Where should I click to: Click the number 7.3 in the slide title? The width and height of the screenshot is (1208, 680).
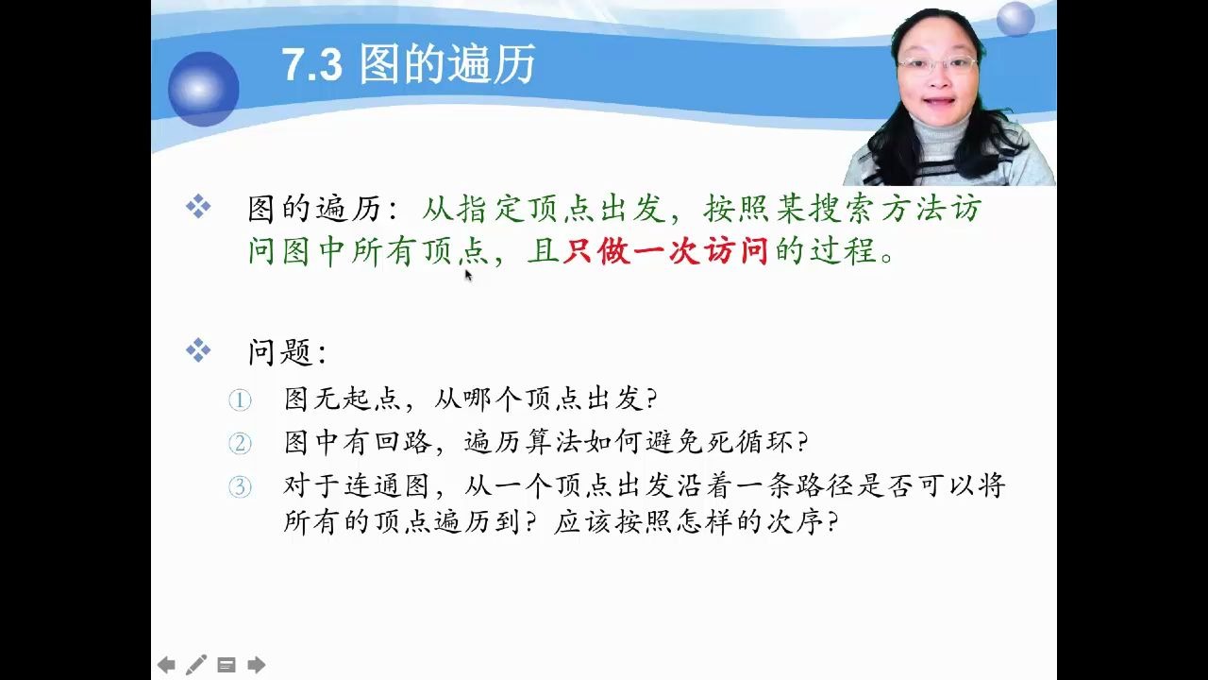(311, 66)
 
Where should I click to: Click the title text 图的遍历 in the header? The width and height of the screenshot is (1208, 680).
(446, 66)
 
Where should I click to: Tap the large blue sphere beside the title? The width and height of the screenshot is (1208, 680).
(203, 89)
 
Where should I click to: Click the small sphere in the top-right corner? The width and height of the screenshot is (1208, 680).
(1015, 19)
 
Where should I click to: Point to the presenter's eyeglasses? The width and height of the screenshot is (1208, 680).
(936, 65)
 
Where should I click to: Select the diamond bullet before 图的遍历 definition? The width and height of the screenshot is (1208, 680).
(198, 207)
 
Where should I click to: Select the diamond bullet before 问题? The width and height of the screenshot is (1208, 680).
(198, 352)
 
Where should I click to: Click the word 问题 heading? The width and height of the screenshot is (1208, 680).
(280, 353)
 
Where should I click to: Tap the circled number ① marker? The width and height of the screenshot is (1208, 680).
(240, 400)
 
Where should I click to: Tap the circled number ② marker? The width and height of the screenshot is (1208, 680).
(240, 444)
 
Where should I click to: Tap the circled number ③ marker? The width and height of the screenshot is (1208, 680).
(240, 487)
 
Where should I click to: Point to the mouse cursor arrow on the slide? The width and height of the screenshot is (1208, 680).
(468, 275)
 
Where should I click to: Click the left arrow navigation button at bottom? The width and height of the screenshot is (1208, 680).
(166, 665)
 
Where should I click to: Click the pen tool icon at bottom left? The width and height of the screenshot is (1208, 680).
(196, 665)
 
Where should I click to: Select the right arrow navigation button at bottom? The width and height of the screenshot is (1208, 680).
(256, 665)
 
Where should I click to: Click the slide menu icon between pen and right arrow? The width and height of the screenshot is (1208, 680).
(226, 665)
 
